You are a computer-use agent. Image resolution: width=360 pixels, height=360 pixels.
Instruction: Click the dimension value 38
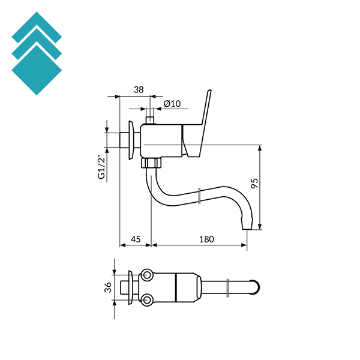tap(139, 89)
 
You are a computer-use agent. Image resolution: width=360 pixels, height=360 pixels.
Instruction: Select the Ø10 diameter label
tap(172, 104)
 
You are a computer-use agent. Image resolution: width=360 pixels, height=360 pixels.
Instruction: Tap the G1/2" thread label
tap(101, 167)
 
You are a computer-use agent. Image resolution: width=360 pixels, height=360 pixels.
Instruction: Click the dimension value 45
tap(136, 239)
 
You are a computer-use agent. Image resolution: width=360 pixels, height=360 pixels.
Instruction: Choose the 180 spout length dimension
tap(206, 239)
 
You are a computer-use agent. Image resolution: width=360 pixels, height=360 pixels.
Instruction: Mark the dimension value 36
tap(108, 288)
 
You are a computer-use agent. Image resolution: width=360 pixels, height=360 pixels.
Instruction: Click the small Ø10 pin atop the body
tap(150, 119)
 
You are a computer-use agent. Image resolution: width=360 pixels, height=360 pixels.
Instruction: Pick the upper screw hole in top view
tap(147, 276)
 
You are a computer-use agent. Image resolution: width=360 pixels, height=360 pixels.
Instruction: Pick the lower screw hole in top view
tap(147, 299)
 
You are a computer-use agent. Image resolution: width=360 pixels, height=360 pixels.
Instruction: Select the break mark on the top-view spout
tap(229, 288)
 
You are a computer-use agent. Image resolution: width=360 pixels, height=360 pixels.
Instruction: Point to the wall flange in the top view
tap(129, 288)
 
